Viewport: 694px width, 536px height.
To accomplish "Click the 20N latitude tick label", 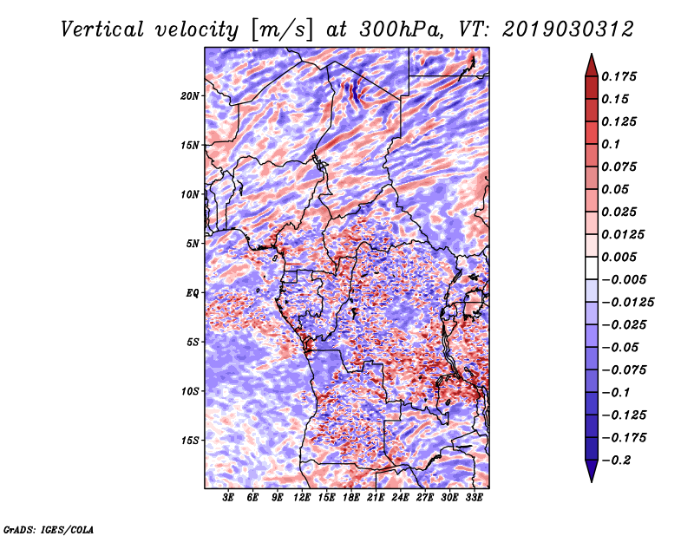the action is (x=190, y=96).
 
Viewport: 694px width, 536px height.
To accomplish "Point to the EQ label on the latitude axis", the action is (x=192, y=293).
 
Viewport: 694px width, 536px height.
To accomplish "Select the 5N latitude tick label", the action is (x=193, y=244).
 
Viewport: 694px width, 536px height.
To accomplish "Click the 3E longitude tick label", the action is (x=228, y=497).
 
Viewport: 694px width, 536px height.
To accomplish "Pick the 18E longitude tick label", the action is (x=351, y=497).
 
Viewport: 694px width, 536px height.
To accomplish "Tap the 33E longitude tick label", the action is (x=474, y=497).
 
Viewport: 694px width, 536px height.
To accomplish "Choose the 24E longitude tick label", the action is (x=400, y=497).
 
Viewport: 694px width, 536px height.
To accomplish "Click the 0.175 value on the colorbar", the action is (x=619, y=76).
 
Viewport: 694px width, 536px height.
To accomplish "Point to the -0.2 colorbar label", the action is (x=617, y=461).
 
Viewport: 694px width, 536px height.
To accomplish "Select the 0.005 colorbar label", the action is (x=619, y=257).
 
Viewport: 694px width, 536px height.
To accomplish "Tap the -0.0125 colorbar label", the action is (x=627, y=303).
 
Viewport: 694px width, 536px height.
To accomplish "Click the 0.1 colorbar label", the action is (x=611, y=144).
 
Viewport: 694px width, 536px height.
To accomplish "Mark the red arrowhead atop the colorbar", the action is (x=592, y=66).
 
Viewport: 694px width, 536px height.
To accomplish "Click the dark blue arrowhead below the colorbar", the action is (x=592, y=471).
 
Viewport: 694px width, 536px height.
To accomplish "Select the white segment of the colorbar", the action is (x=592, y=268).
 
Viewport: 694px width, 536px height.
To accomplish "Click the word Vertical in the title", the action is (x=101, y=29).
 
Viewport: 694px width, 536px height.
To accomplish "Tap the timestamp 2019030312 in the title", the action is (x=568, y=29).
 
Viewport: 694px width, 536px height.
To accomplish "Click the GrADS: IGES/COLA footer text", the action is (x=48, y=529).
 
